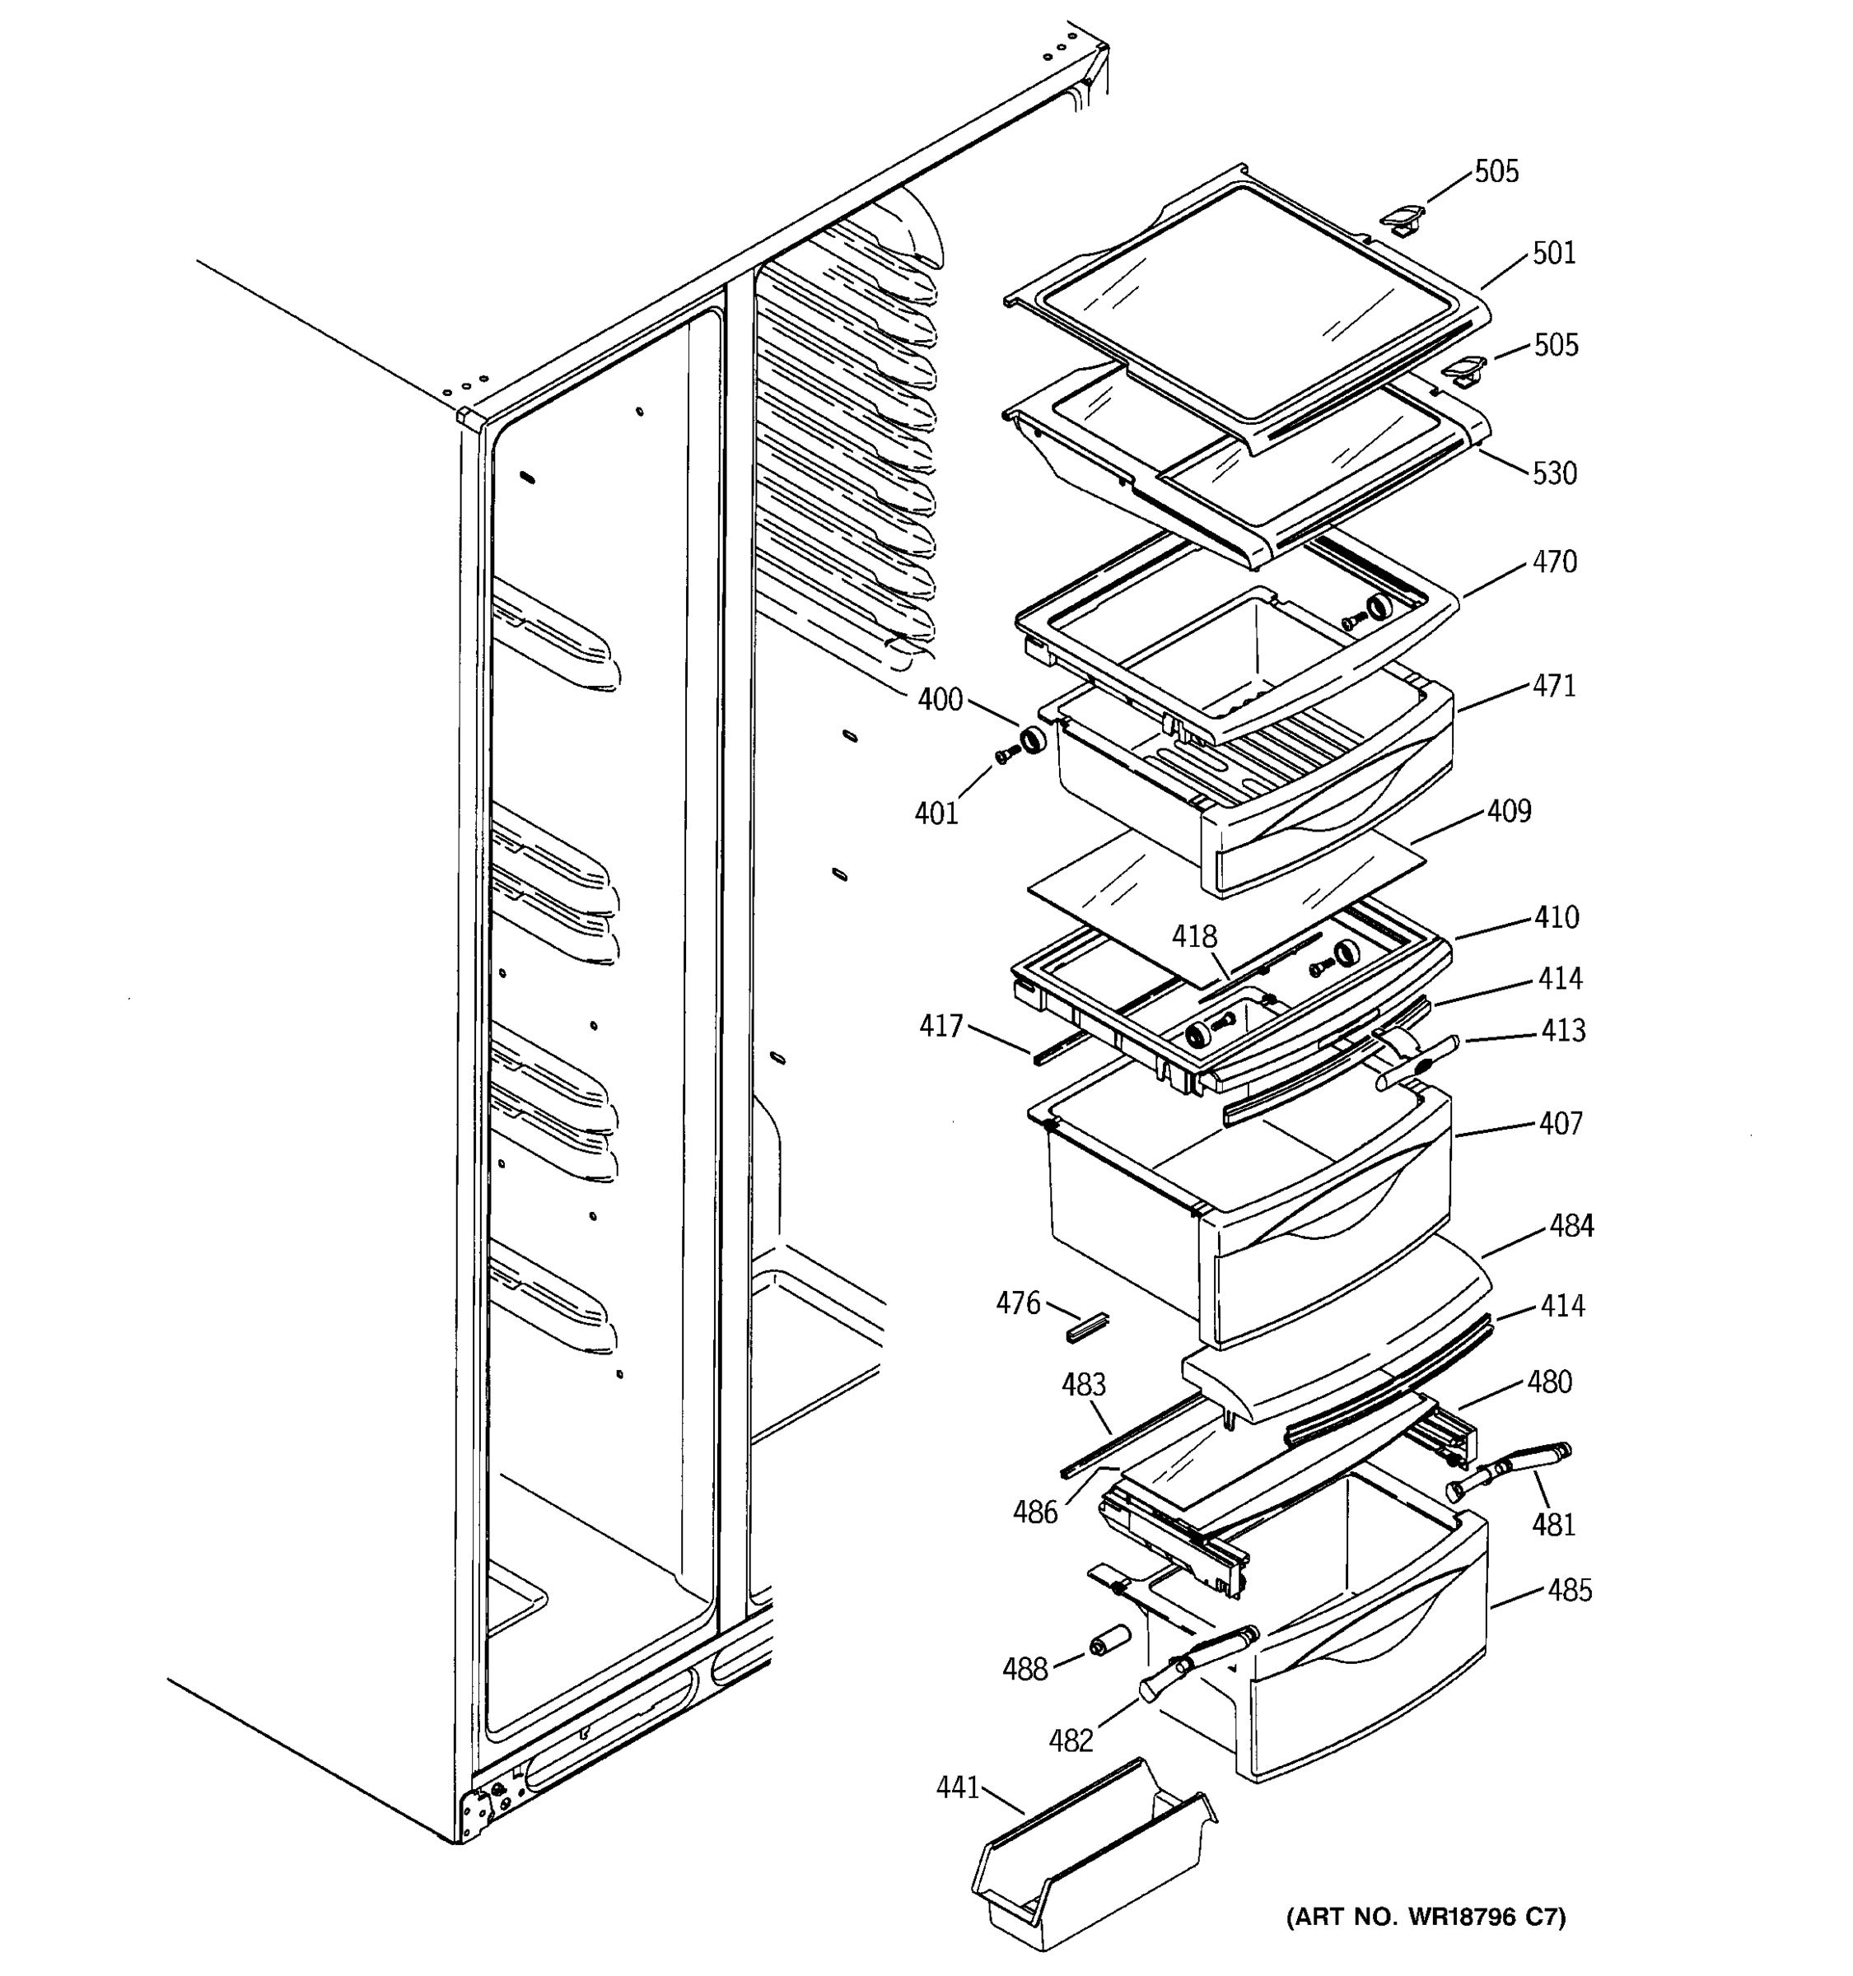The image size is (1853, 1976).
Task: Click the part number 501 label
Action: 1554,254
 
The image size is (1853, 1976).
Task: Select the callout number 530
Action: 1554,473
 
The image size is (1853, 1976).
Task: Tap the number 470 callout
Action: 1554,562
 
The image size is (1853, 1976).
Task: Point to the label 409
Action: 1509,811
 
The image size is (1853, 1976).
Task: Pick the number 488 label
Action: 1025,1669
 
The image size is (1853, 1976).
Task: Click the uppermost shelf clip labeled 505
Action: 1403,219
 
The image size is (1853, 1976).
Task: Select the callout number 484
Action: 1571,1227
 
